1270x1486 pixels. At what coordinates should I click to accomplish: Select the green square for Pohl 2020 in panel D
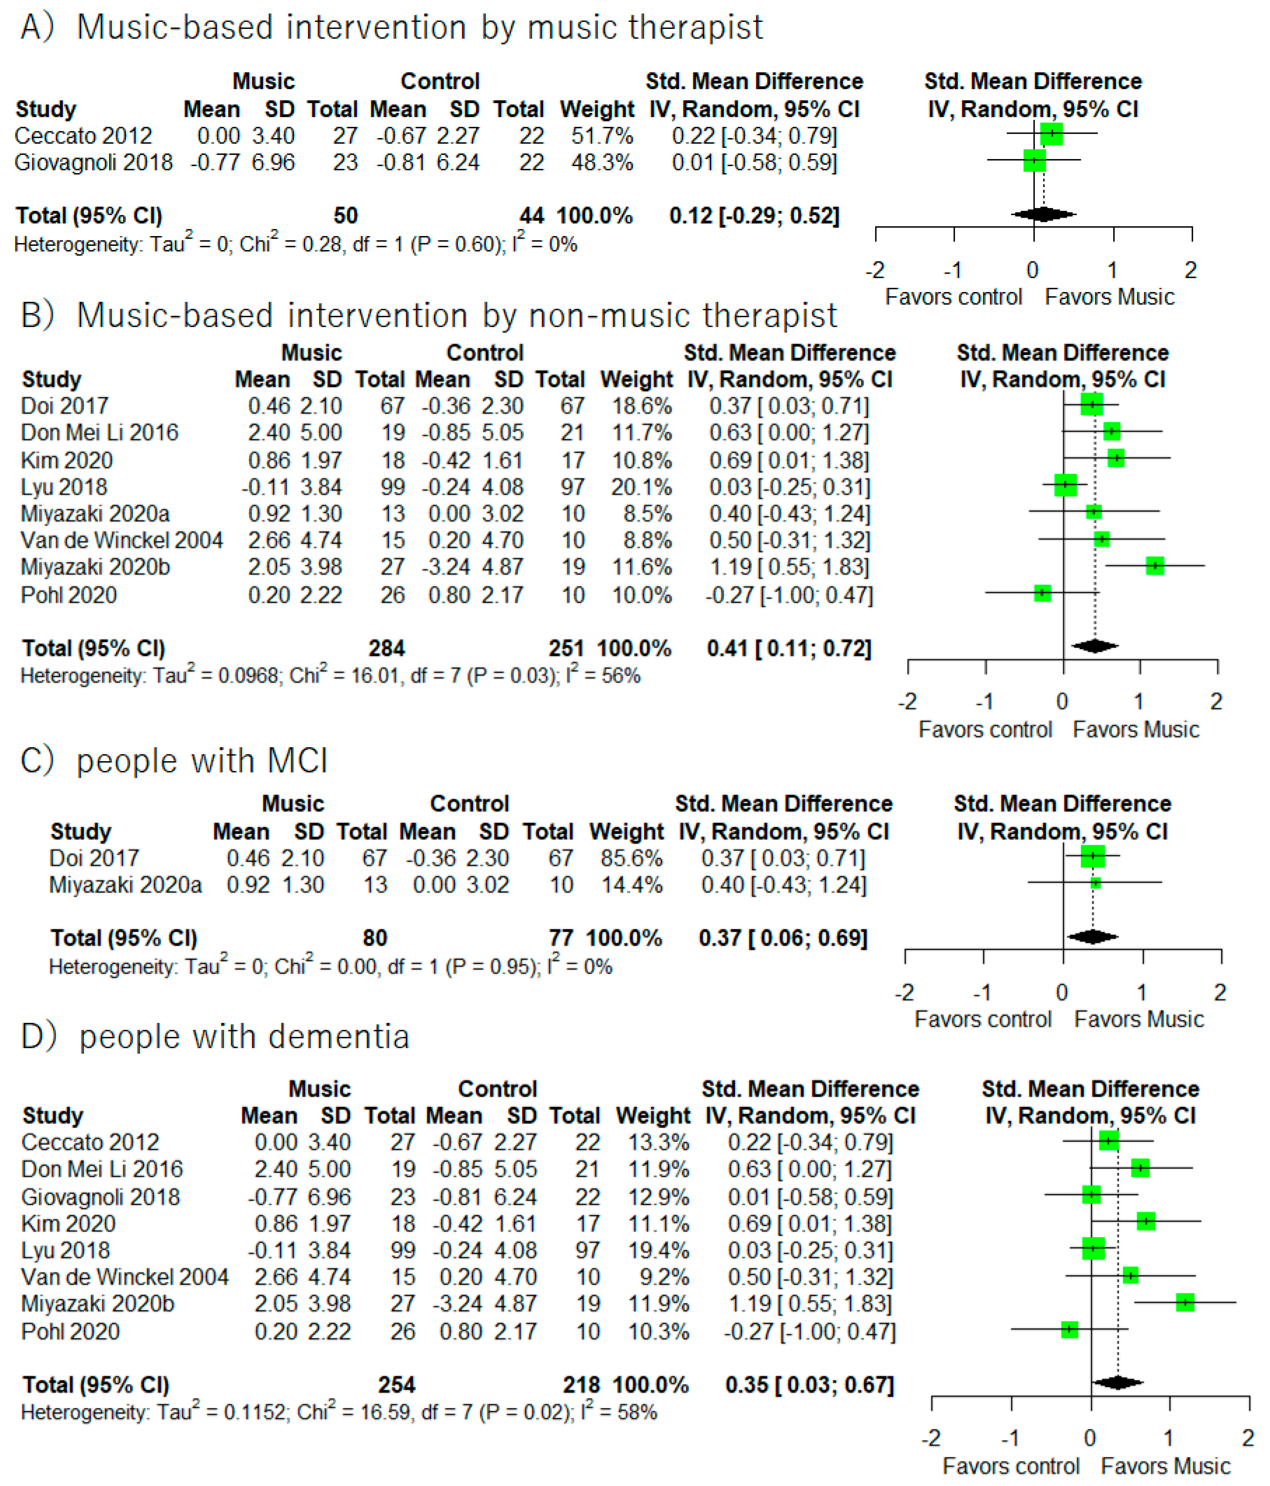[1069, 1330]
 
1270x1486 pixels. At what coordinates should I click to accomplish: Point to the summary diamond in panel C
[1092, 937]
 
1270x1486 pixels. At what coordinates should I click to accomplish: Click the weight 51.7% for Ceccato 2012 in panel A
[601, 136]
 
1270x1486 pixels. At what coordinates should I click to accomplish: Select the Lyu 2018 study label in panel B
[64, 487]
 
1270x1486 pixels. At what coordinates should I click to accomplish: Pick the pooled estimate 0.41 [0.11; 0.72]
[789, 648]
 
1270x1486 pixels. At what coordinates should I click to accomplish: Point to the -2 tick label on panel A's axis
[875, 270]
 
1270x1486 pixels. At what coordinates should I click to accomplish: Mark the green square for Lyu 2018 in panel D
[1093, 1249]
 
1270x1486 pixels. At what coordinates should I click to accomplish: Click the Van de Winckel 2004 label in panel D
[125, 1277]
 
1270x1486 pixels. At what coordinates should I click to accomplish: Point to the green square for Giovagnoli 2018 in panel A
[1034, 160]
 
